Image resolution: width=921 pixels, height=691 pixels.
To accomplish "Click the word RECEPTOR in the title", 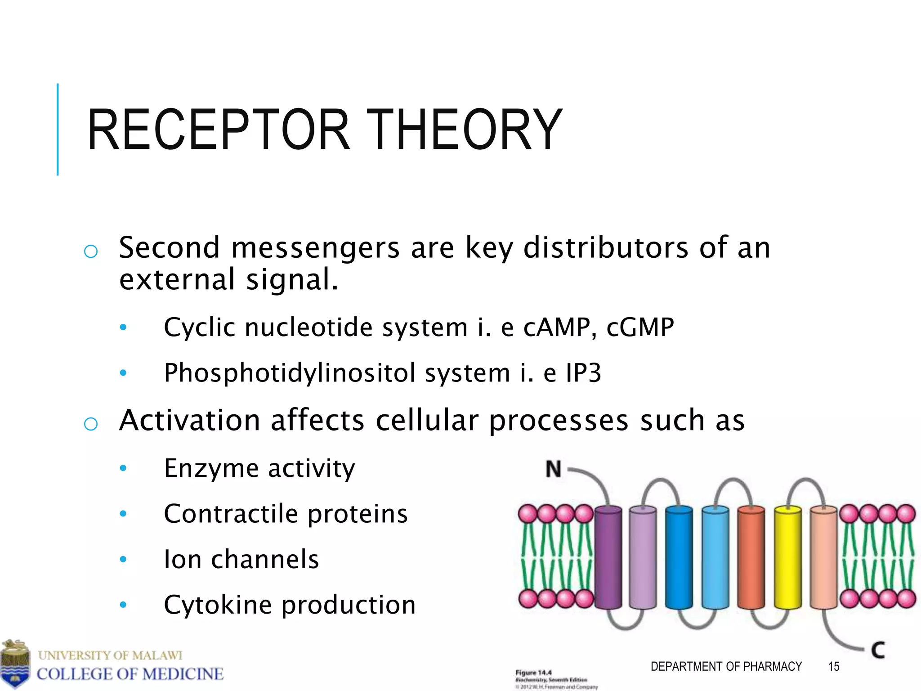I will (x=219, y=130).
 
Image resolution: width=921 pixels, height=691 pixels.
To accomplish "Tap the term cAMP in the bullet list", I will (x=556, y=327).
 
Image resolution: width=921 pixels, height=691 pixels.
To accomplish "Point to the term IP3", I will (x=583, y=373).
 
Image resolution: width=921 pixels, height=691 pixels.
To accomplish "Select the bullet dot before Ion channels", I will (x=123, y=559).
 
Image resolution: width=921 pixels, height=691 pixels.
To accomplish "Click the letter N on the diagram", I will (x=553, y=469).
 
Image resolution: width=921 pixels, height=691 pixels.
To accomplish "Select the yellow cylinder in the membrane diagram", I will (x=787, y=558).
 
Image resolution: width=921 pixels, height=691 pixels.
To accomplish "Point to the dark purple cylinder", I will (x=608, y=558).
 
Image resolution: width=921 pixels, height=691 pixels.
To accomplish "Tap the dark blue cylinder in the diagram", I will (x=679, y=558).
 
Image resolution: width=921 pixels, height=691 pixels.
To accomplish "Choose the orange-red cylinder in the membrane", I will (x=751, y=558).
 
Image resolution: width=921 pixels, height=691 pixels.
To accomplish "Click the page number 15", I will (x=833, y=666).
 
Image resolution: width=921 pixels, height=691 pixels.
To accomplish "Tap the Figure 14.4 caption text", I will (x=533, y=673).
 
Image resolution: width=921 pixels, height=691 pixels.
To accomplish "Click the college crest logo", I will (x=15, y=664).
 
